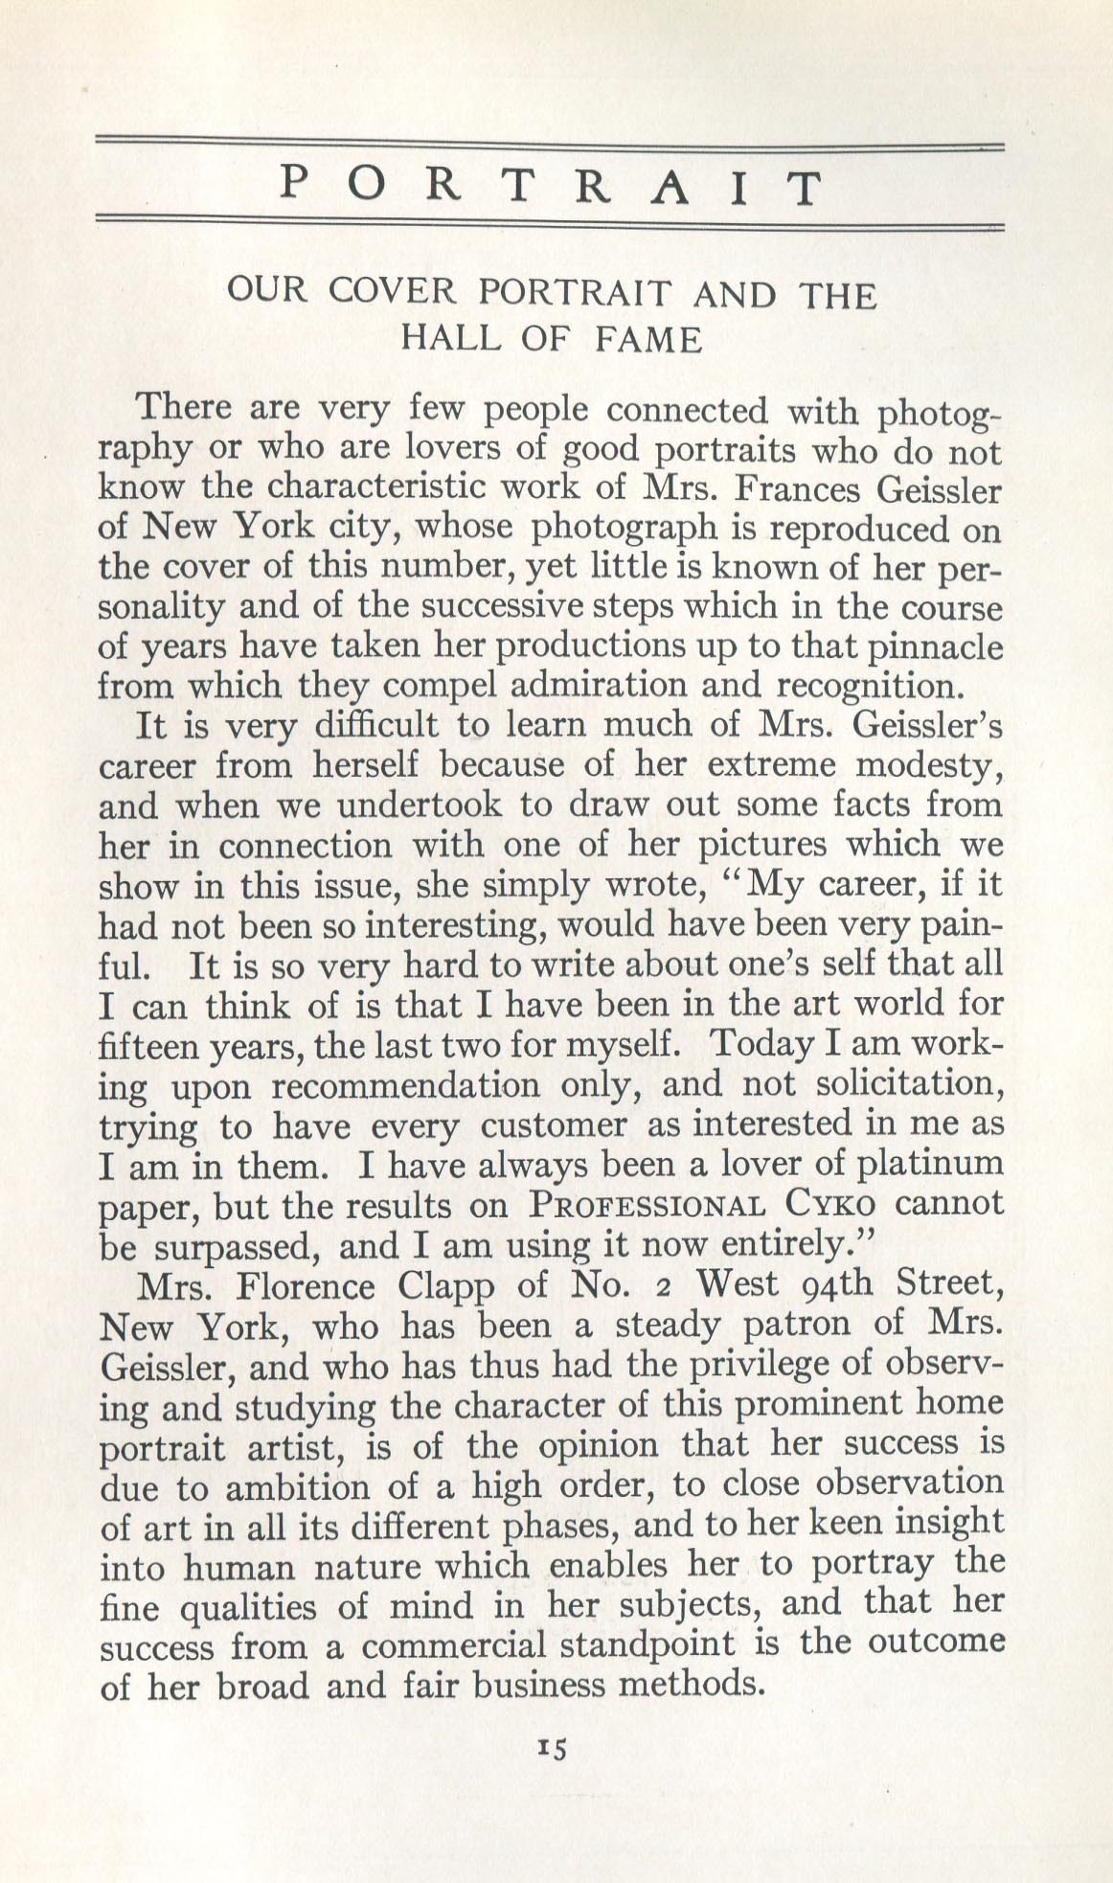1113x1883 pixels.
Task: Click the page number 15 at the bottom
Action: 553,1747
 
